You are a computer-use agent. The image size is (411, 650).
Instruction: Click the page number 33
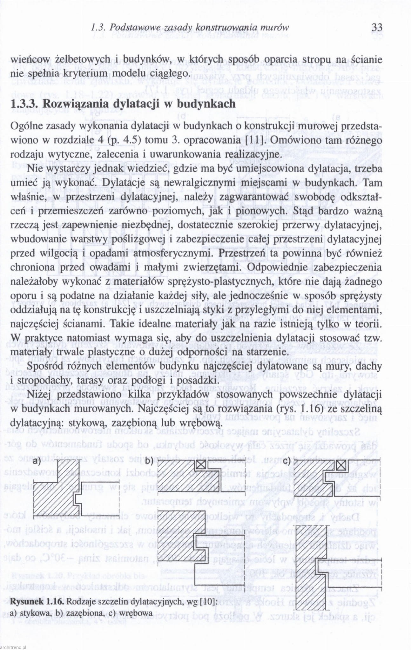coord(376,28)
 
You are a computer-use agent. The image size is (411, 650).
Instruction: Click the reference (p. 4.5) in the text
coord(125,140)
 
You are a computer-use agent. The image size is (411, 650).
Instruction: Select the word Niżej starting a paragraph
coord(40,395)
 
